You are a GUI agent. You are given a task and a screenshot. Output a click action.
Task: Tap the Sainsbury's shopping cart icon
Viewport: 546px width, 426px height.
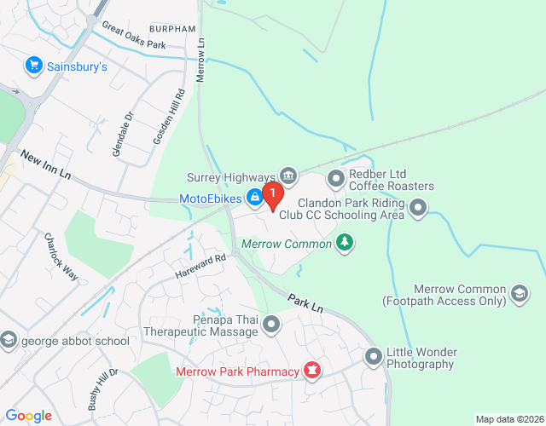click(x=34, y=65)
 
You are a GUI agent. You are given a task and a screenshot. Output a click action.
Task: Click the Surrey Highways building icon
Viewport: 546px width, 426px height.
click(x=288, y=176)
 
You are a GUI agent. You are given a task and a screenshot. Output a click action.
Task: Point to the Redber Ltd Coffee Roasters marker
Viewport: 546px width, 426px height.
click(x=335, y=179)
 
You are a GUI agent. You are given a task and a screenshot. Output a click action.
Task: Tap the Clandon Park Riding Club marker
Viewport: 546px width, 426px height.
click(x=418, y=206)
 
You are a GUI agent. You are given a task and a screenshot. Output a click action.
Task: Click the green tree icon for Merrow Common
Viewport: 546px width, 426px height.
click(x=345, y=243)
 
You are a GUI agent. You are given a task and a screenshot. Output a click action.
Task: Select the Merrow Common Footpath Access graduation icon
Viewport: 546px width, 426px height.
click(x=520, y=294)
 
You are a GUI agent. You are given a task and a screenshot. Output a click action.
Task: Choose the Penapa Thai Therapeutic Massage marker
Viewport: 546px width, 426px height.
click(x=272, y=324)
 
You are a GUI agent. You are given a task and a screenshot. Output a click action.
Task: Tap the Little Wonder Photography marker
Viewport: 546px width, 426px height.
click(x=373, y=356)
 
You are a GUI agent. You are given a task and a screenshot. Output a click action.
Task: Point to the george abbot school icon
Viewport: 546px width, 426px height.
click(x=9, y=341)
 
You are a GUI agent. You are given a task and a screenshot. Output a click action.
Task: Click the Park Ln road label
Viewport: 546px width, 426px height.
click(x=305, y=303)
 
